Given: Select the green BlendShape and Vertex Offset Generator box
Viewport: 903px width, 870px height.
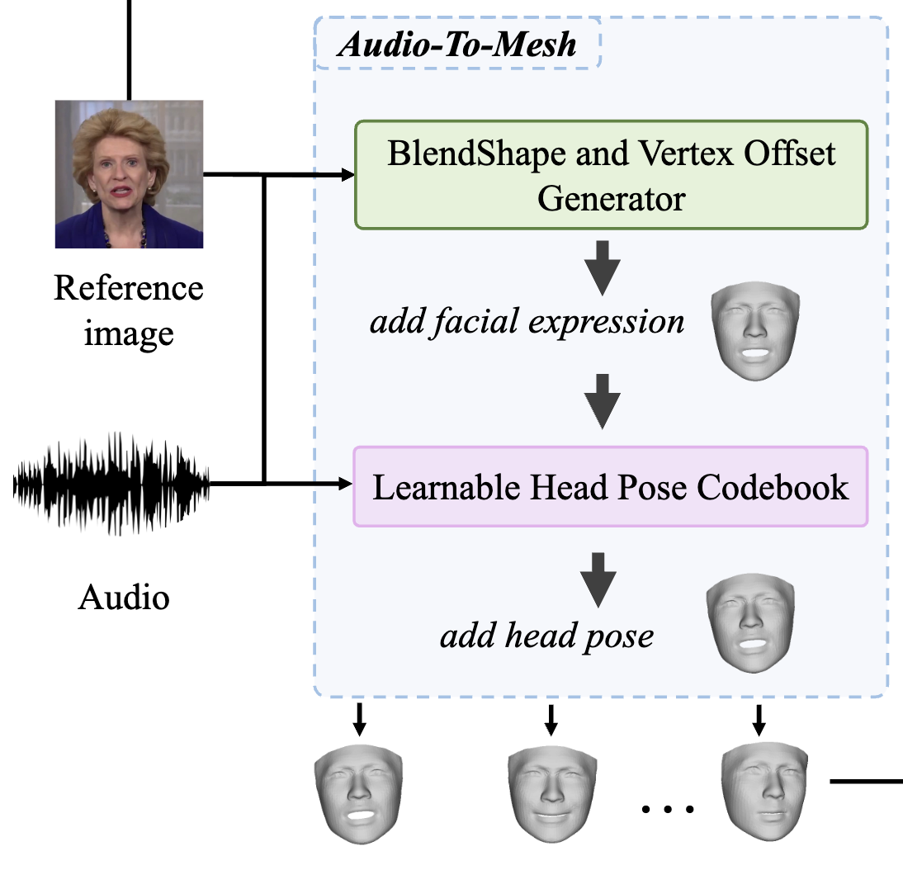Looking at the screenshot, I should pos(611,175).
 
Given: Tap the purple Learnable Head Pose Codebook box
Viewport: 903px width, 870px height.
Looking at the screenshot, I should pos(611,487).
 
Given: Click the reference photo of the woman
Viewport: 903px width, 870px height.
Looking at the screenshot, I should pos(129,174).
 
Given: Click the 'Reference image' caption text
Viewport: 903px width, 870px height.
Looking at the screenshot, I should pos(129,310).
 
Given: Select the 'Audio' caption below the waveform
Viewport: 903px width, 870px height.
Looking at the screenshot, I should pos(124,597).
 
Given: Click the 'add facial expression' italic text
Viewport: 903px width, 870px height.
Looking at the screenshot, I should pos(527,321).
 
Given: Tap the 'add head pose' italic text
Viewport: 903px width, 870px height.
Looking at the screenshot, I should pos(546,636).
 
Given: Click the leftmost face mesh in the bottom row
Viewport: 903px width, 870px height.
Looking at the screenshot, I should pos(358,794).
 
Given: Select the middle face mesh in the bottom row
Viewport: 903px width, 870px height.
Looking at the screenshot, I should pos(551,794).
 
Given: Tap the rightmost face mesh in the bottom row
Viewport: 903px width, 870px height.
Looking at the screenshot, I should pos(763,790).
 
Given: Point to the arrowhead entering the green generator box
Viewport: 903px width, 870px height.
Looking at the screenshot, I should pos(346,175).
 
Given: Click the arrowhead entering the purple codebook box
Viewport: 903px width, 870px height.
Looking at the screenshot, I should pos(346,483).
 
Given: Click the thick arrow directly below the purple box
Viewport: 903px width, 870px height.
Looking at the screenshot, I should pos(599,582).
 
